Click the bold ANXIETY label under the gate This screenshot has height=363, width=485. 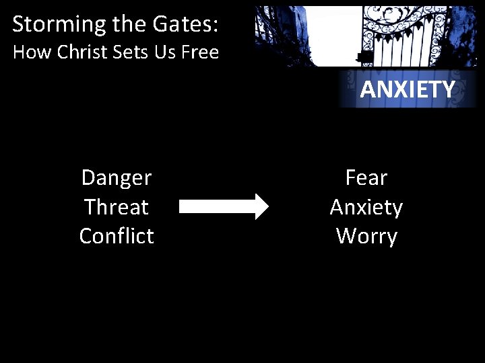(408, 89)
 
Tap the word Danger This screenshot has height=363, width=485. (117, 177)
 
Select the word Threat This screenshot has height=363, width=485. (117, 207)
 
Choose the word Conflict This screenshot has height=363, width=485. (117, 236)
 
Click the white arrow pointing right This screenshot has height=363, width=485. (223, 206)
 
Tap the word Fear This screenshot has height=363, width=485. (366, 177)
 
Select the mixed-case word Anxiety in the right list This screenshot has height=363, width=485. (366, 208)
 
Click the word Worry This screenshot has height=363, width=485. (366, 237)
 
